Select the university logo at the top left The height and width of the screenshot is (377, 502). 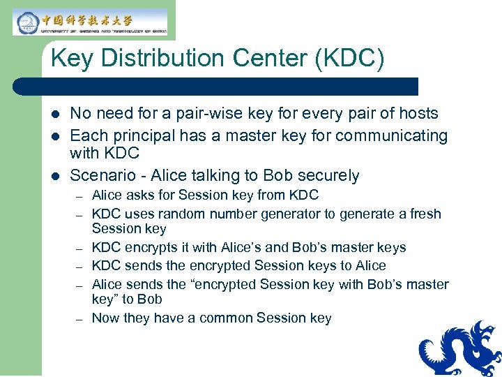tap(90, 22)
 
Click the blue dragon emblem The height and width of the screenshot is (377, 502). tap(459, 348)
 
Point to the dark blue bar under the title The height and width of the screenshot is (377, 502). tap(216, 87)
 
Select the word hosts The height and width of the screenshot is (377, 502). tap(417, 113)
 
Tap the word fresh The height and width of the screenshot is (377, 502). tap(425, 214)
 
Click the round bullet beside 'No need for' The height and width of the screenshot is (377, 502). tap(56, 114)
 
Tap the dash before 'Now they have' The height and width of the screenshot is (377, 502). tap(80, 318)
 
